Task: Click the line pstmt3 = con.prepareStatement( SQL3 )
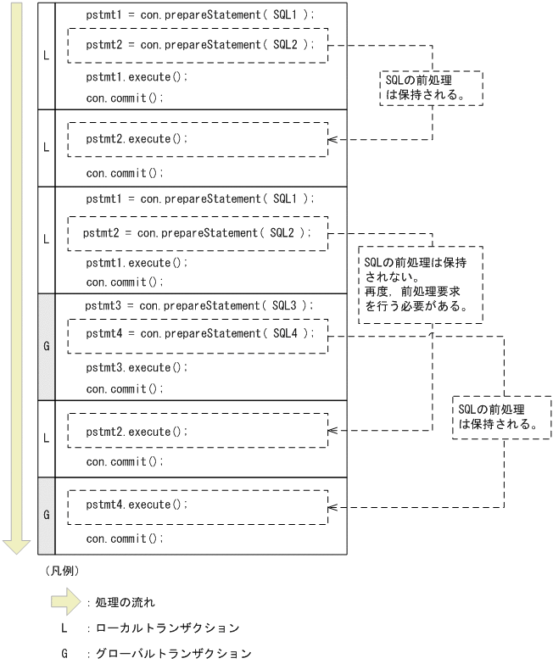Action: (199, 304)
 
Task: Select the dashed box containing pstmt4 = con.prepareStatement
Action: (197, 333)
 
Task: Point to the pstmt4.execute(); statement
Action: (135, 503)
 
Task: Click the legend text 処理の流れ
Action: (126, 603)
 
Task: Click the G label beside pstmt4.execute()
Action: (46, 515)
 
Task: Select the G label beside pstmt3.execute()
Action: (46, 346)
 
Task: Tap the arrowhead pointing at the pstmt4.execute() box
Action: (332, 508)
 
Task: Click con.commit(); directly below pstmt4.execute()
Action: (124, 538)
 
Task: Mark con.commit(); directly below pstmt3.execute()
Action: (124, 388)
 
